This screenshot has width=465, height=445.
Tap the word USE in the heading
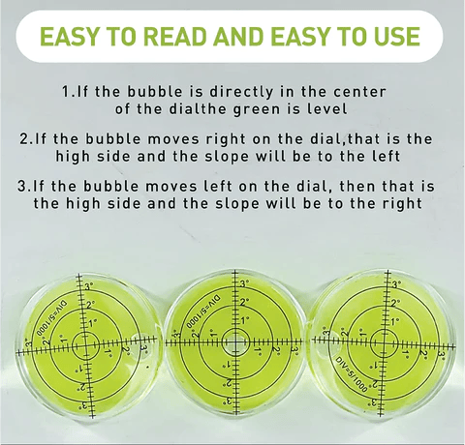397,36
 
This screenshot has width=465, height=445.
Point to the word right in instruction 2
226,139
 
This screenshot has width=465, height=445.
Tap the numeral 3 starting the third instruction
21,187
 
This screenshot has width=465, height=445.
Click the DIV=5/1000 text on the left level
48,319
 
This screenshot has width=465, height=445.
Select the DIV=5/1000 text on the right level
352,374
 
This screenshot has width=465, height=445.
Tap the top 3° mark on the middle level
244,283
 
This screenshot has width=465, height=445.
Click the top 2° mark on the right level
395,303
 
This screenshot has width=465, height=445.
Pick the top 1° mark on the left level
93,322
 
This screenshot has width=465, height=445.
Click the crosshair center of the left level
85,345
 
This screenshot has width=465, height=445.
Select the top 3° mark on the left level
89,286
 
